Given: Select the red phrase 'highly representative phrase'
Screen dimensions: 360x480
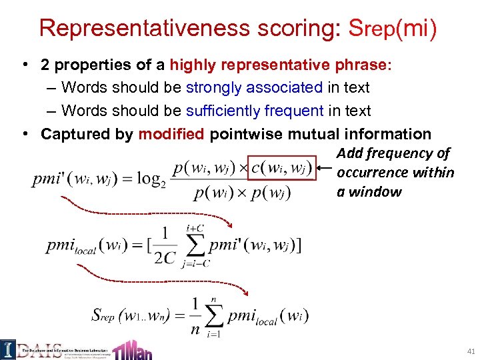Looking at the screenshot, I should click(x=280, y=65).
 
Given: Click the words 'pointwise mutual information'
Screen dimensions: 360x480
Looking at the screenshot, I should click(x=321, y=134).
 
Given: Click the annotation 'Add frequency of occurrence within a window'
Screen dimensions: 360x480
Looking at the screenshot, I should click(x=395, y=172).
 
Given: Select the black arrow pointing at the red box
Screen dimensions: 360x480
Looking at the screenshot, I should click(x=325, y=167).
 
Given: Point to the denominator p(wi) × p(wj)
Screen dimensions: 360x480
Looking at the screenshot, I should click(x=242, y=194).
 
